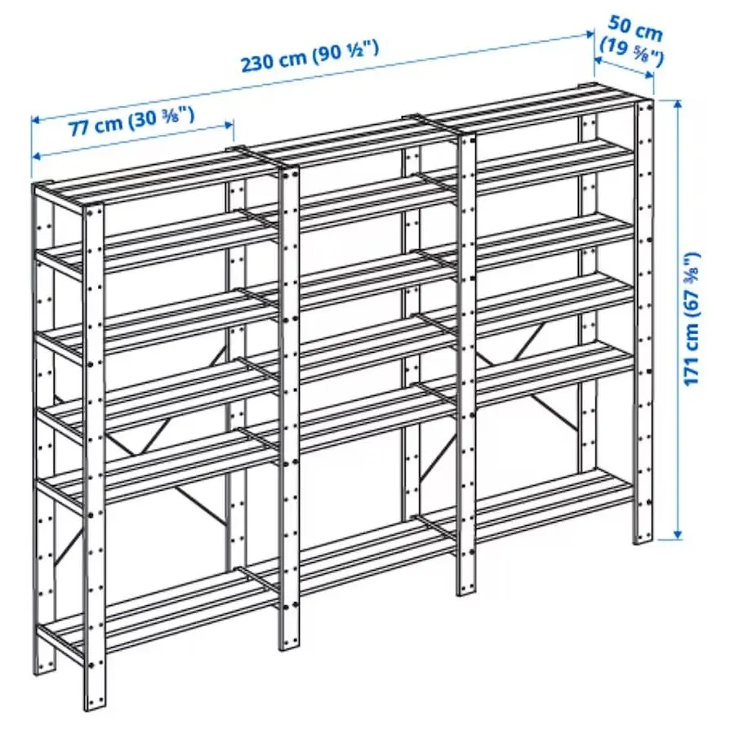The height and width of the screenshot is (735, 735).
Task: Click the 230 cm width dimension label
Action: pos(274,61)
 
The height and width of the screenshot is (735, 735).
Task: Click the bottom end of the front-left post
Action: pos(95,704)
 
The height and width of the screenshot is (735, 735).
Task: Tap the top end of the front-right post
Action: pos(645,104)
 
